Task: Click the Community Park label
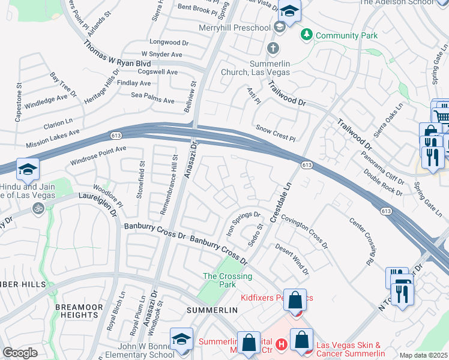tap(347, 35)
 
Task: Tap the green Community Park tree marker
tap(307, 35)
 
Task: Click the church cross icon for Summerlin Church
tap(273, 47)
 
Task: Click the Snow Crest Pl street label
tap(276, 133)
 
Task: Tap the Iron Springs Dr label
tap(243, 221)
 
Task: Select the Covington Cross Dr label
tap(304, 233)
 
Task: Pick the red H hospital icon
tap(282, 344)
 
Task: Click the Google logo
tap(20, 353)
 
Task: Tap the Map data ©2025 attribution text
tap(423, 356)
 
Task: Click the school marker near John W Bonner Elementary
tap(181, 339)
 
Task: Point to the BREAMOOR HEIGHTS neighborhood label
tap(76, 311)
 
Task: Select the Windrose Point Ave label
tap(98, 155)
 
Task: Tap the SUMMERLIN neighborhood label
tap(212, 310)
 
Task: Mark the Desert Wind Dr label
tap(292, 260)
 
